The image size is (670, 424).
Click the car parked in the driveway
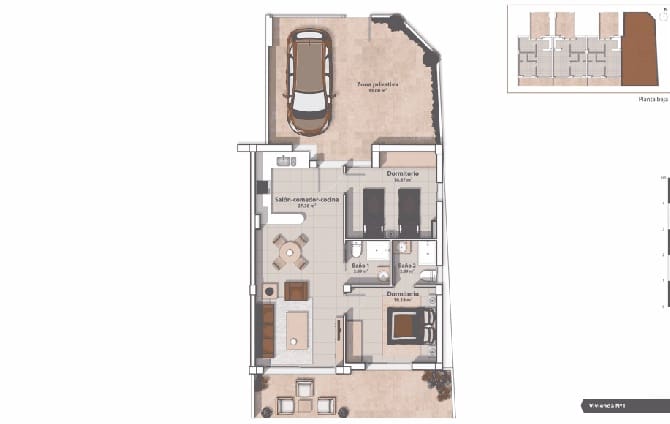pyautogui.click(x=309, y=82)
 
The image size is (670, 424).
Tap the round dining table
pyautogui.click(x=292, y=251)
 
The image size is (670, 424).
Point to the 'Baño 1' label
pyautogui.click(x=361, y=265)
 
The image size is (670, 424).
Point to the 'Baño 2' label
pyautogui.click(x=407, y=265)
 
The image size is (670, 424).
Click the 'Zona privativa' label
pyautogui.click(x=378, y=85)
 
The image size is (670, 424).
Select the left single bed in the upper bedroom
pyautogui.click(x=375, y=209)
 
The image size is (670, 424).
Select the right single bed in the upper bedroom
pyautogui.click(x=410, y=209)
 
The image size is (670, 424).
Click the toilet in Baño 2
pyautogui.click(x=427, y=277)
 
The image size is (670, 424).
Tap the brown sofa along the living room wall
pyautogui.click(x=267, y=330)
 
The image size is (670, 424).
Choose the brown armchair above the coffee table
pyautogui.click(x=296, y=291)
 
